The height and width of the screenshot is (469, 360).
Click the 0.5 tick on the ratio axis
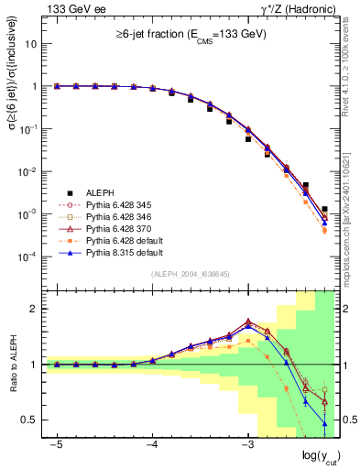tap(33, 420)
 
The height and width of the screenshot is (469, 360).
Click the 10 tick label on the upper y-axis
tap(31, 43)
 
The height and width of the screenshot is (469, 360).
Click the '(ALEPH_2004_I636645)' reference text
tap(190, 273)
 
